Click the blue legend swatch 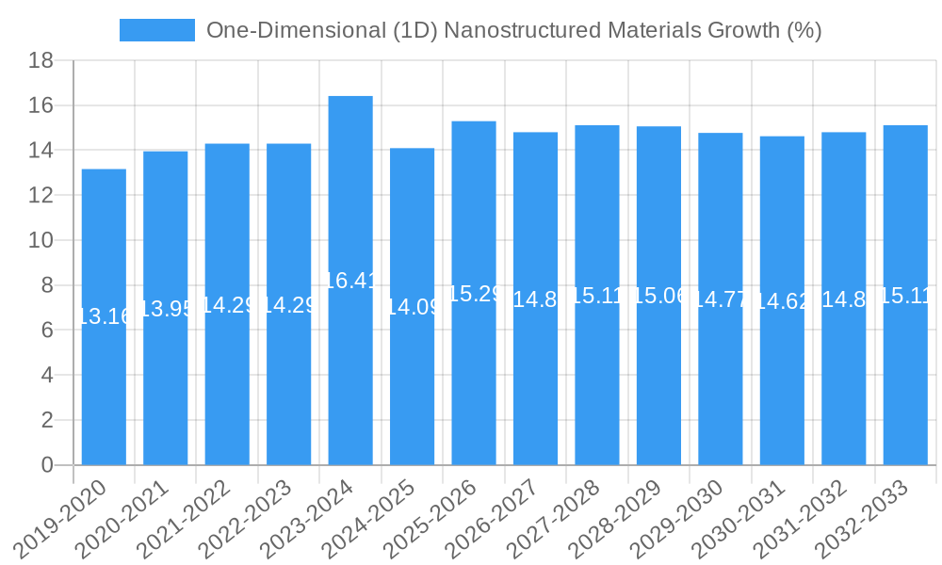[x=156, y=30]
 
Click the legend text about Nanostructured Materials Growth [x=513, y=30]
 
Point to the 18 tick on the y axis [x=41, y=61]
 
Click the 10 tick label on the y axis [x=41, y=241]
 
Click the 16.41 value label [x=350, y=281]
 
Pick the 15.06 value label [x=658, y=296]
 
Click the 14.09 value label [x=413, y=307]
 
